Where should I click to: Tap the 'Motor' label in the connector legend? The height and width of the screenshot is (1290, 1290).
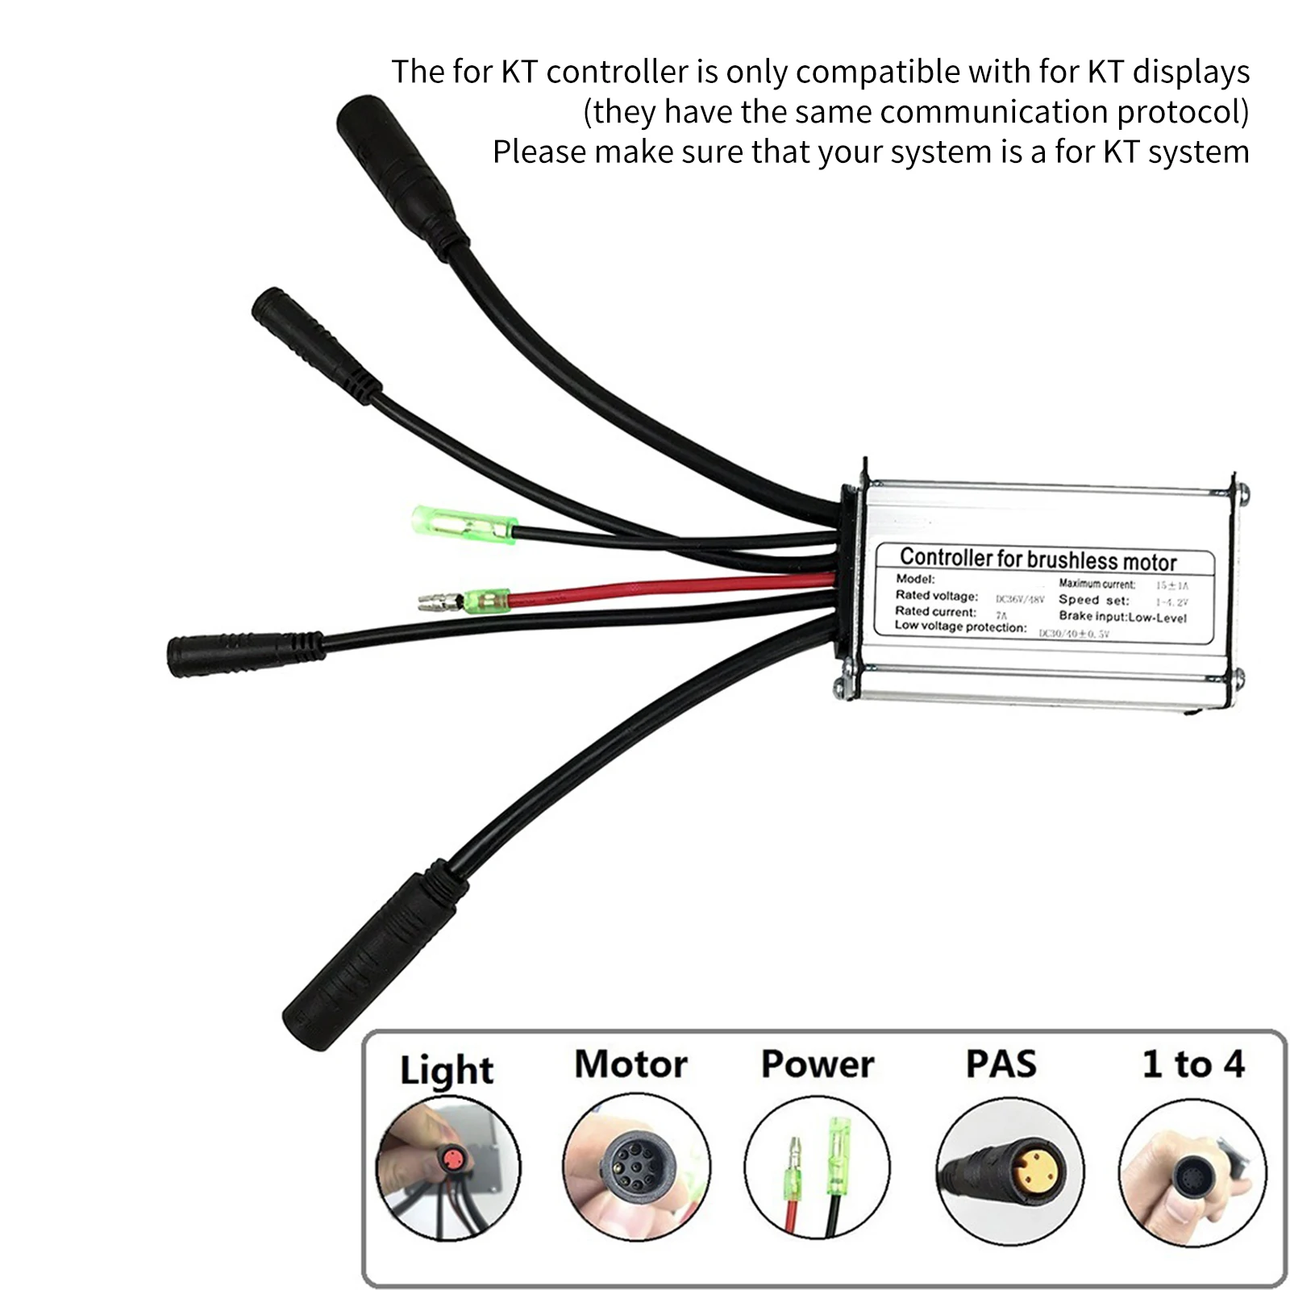coord(630,1064)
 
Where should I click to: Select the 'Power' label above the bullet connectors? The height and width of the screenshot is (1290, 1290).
coord(817,1064)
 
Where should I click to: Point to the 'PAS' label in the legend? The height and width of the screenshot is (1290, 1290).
coord(1001,1064)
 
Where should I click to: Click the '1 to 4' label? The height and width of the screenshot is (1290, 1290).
coord(1193,1064)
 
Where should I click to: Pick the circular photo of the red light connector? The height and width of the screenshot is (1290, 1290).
coord(448,1167)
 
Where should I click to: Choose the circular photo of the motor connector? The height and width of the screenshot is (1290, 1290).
coord(636,1167)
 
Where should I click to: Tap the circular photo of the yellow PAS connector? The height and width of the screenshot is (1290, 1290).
coord(1009,1167)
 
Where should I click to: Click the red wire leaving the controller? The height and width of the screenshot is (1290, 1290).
coord(669,589)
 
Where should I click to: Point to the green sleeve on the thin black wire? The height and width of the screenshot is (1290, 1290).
coord(464,524)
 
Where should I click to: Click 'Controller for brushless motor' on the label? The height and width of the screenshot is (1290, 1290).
coord(1038,559)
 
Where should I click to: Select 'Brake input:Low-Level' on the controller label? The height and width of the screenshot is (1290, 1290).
coord(1122,617)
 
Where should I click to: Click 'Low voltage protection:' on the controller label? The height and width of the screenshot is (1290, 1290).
coord(960,626)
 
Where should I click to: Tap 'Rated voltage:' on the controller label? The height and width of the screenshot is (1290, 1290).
coord(936,596)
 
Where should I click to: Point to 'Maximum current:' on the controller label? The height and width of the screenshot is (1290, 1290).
coord(1096,584)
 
